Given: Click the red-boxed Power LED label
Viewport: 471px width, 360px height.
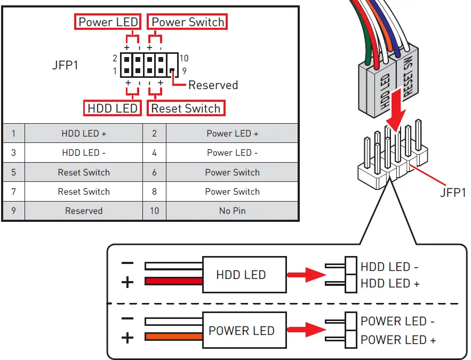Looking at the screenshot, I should coord(108,22).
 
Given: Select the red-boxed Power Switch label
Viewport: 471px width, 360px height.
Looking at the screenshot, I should coord(187,22).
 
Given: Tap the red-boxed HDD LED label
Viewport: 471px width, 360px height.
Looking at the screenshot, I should coord(113,108).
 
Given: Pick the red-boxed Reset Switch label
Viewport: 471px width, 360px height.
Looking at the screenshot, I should coord(186,108).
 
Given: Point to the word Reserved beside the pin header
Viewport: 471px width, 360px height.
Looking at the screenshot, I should coord(213,85).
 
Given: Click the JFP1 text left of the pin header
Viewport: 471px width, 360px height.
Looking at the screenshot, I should coord(65,67).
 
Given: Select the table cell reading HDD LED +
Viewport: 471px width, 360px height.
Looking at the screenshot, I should coord(84,133).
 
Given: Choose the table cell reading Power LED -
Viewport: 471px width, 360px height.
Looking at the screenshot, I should coord(232,153).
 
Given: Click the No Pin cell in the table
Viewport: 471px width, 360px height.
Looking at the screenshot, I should coord(232,211).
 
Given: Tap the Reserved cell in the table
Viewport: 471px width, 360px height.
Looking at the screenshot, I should coord(84,211).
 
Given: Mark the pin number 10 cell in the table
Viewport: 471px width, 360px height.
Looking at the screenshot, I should coord(154,211).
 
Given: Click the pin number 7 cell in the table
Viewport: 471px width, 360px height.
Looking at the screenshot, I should coord(13,191).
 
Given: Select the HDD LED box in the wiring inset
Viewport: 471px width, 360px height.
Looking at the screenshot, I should coord(241,275).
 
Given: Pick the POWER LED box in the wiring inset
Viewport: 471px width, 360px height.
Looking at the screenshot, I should coord(241,330).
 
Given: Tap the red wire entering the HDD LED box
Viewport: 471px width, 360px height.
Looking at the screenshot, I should coord(174,281).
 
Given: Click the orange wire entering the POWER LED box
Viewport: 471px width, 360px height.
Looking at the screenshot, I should coord(174,337).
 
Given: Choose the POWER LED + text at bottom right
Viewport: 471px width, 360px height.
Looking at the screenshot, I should coord(398,340).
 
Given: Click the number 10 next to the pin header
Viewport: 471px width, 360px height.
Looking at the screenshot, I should coord(184,59).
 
